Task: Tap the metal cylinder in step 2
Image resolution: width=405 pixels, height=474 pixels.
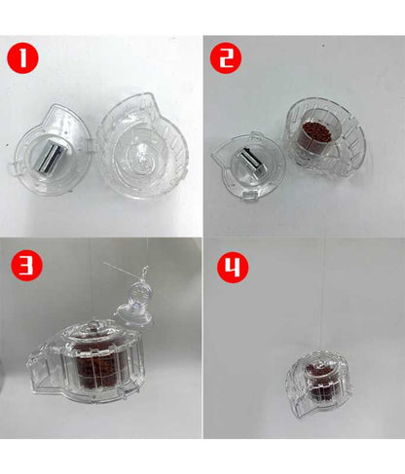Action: click(250, 160)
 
